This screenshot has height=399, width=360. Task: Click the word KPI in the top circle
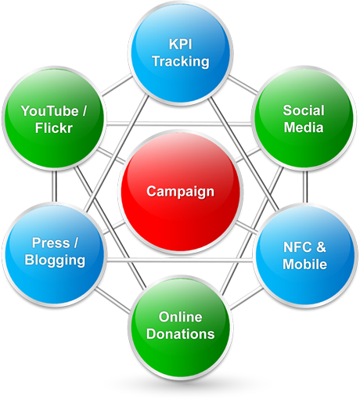click(181, 44)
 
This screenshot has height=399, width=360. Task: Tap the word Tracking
click(181, 62)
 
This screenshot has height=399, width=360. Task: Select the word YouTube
click(50, 111)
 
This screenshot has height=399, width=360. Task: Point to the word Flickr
click(54, 128)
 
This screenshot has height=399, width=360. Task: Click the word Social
click(304, 110)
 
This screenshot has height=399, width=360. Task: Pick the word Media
click(304, 128)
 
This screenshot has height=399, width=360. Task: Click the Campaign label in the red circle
click(181, 192)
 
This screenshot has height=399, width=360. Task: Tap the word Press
click(51, 243)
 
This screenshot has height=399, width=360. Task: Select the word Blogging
click(55, 261)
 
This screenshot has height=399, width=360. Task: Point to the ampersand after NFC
click(321, 247)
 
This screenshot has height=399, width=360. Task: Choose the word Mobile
click(304, 264)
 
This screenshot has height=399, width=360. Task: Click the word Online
click(181, 317)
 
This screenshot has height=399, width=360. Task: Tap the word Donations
click(181, 334)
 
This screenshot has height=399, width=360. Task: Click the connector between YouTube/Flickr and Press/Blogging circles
click(54, 186)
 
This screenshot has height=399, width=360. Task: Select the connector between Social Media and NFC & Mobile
click(305, 187)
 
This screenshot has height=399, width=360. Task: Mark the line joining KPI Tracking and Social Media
click(243, 84)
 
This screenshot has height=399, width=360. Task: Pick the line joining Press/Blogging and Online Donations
click(113, 300)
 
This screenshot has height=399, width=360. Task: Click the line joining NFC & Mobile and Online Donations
click(247, 298)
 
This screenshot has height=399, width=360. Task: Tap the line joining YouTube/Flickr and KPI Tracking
click(117, 85)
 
